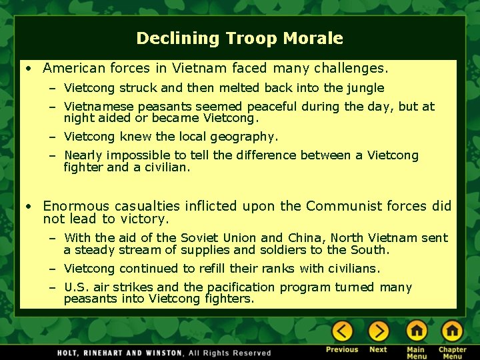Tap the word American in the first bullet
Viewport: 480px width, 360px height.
pos(74,68)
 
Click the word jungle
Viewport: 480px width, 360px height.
pos(365,88)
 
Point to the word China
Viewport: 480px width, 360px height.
pos(303,238)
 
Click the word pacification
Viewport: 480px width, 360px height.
pos(241,287)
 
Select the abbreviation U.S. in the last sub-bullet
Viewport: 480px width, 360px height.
pos(75,287)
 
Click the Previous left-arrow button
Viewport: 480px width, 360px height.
pos(342,331)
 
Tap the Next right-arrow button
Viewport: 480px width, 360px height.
pos(378,331)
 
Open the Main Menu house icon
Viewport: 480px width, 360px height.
pos(416,331)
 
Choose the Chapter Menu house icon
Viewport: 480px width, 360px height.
pos(452,331)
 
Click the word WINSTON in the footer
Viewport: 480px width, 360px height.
pos(157,353)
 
